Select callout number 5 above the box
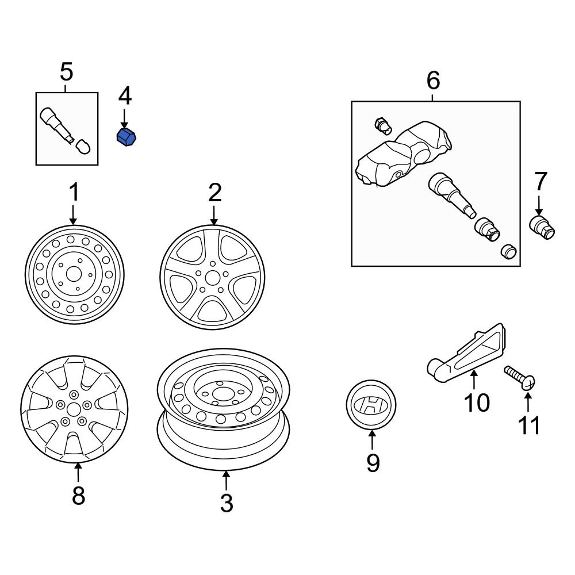click(67, 73)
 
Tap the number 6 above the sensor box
click(433, 80)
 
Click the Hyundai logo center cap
click(371, 405)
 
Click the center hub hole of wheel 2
click(213, 278)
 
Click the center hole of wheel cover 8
click(74, 410)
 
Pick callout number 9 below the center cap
click(373, 463)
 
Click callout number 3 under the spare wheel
click(227, 503)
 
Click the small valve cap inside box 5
click(84, 147)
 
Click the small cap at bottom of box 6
click(508, 252)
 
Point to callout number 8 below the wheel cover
click(78, 495)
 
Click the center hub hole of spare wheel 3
click(220, 394)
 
